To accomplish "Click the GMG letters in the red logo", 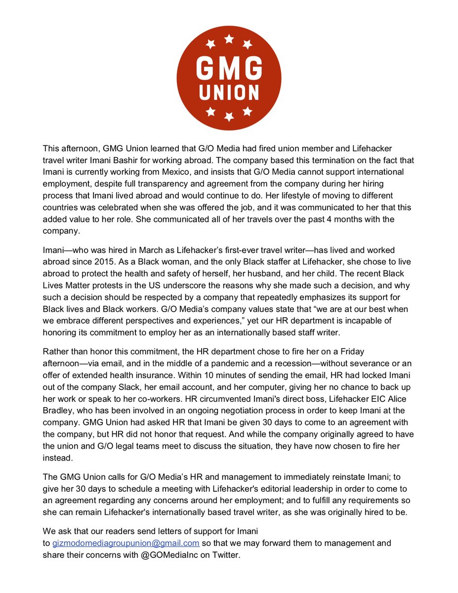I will pyautogui.click(x=229, y=66).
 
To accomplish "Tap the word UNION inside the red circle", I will pyautogui.click(x=229, y=92).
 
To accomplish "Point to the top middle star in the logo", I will pyautogui.click(x=229, y=39).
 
